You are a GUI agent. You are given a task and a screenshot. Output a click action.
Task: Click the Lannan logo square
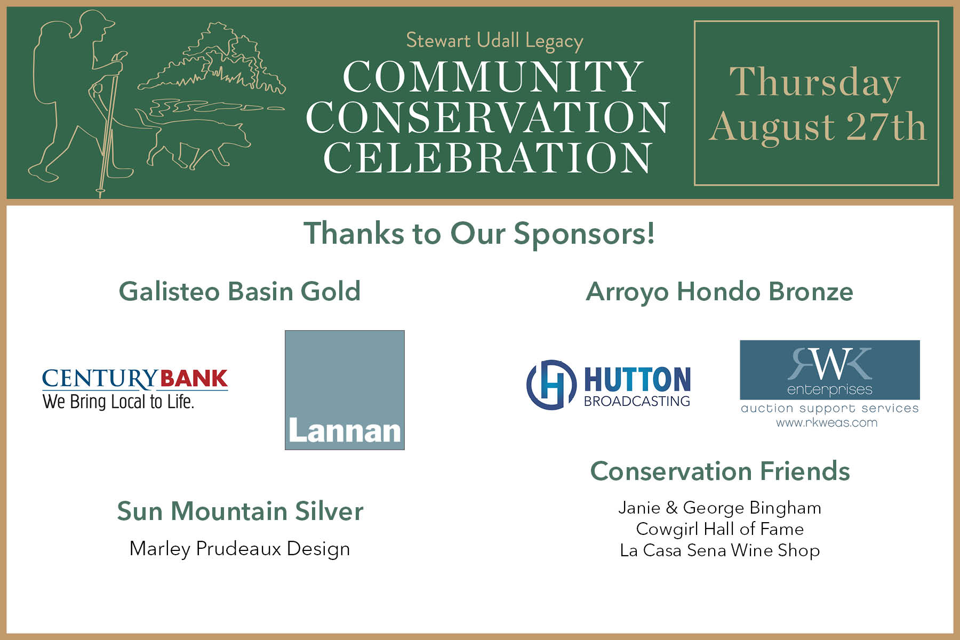345,390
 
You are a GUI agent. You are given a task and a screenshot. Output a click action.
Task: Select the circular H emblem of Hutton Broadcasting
551,385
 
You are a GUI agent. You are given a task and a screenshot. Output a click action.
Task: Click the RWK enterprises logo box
829,370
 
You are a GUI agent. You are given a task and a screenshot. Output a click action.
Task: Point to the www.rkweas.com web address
827,423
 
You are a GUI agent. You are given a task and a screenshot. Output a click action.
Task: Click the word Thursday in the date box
815,83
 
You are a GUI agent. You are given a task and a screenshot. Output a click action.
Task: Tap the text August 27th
818,127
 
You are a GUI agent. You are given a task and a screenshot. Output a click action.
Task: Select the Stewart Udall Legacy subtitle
494,41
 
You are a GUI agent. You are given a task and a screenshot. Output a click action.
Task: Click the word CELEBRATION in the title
488,158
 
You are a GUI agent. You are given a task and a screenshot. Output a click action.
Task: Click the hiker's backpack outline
51,61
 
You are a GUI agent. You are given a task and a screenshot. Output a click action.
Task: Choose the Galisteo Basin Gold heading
239,292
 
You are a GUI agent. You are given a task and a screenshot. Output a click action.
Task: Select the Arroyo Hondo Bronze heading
719,292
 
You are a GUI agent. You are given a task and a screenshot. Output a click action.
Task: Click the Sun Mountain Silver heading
240,511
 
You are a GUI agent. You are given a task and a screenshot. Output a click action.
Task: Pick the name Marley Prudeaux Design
240,549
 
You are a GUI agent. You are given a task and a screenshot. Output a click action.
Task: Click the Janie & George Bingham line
719,508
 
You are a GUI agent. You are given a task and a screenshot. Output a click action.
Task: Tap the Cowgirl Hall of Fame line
719,529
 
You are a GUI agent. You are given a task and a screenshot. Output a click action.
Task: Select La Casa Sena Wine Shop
719,550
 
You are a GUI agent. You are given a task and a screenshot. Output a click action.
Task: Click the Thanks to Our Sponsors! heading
479,234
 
